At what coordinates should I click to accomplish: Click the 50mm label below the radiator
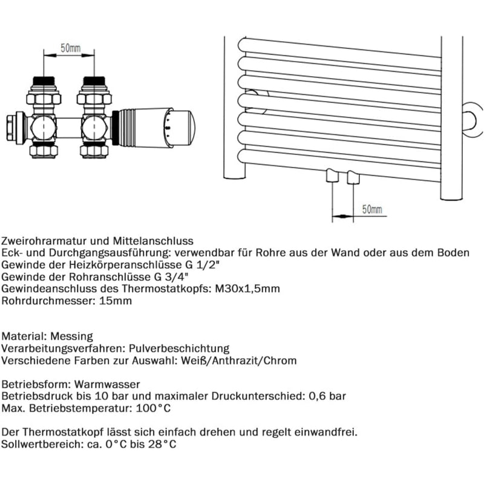372,209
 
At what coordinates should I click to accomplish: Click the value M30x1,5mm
249,289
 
